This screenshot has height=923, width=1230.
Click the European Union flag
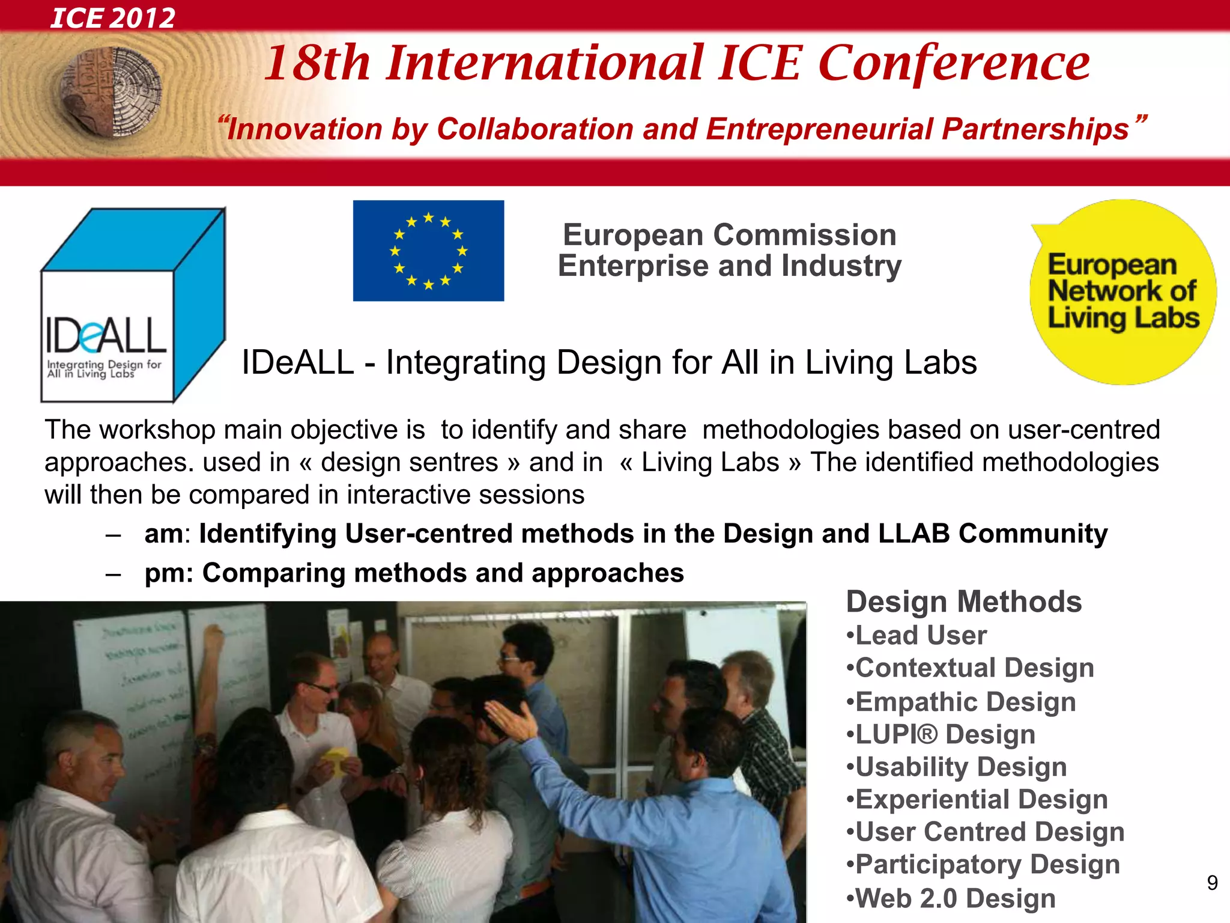(428, 251)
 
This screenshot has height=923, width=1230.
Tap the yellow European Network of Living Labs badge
(1122, 292)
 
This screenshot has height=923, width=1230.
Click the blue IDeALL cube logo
(132, 305)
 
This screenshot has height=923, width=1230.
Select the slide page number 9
(1212, 883)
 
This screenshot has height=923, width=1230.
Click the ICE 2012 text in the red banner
(113, 17)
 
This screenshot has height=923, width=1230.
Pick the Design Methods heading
(963, 602)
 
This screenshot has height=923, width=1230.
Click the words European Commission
(729, 234)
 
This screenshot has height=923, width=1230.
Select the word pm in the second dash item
(164, 573)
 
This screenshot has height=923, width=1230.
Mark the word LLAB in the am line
(913, 534)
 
